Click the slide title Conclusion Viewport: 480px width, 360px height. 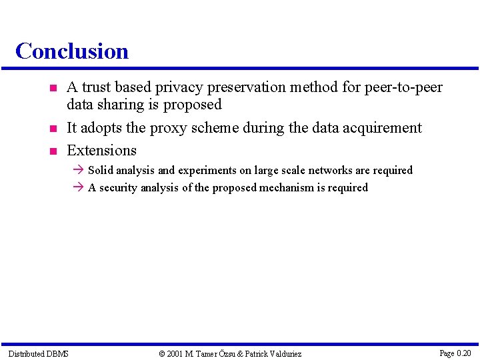(72, 51)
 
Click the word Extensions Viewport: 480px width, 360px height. (101, 150)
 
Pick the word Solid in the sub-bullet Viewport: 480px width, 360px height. (101, 171)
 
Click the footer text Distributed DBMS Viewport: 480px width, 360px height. (38, 353)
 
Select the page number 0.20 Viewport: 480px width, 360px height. (463, 353)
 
